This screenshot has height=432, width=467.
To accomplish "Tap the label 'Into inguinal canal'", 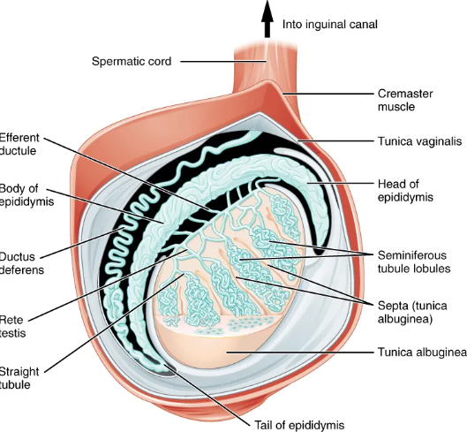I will point(329,24).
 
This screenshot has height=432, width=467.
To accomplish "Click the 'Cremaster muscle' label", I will point(400,99).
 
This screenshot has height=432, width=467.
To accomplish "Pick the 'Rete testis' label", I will point(12,329).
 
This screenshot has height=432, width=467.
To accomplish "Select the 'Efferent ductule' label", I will point(19,144).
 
